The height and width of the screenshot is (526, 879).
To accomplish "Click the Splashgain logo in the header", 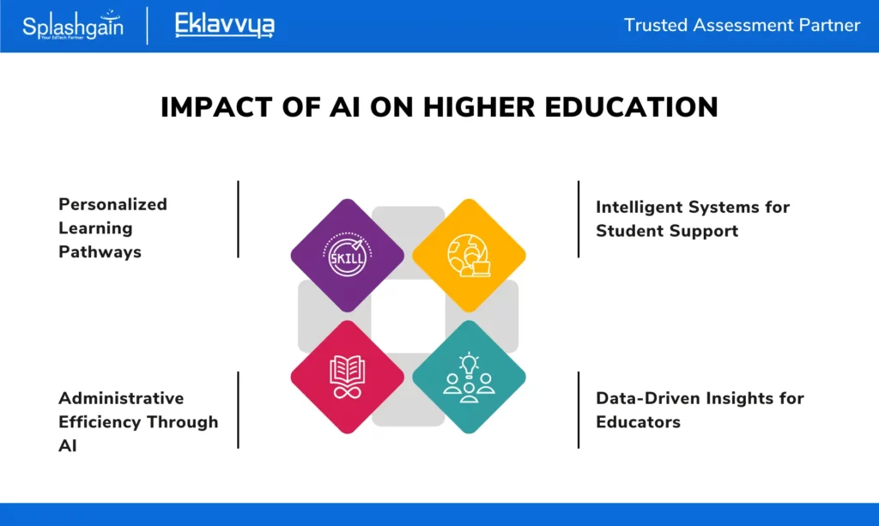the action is click(x=73, y=25).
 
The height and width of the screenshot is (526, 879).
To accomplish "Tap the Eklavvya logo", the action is click(x=225, y=25).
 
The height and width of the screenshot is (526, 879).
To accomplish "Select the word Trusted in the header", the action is click(x=655, y=25).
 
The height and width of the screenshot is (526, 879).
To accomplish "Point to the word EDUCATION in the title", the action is click(x=631, y=107).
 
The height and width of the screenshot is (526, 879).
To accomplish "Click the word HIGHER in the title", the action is click(x=479, y=107).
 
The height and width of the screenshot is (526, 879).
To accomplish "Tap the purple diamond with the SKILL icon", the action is click(x=348, y=256).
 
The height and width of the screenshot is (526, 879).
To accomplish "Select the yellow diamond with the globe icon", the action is click(x=470, y=256).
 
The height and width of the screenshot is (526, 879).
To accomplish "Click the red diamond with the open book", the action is click(x=348, y=377).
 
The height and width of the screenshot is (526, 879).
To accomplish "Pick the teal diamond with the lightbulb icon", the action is click(x=470, y=377).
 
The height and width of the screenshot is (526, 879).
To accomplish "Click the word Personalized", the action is click(x=112, y=204).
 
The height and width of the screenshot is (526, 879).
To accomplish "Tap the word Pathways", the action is click(x=100, y=252).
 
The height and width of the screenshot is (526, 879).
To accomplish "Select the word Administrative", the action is click(x=121, y=398).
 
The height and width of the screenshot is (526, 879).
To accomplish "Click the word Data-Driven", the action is click(x=646, y=398).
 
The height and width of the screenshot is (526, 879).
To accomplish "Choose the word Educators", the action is click(x=638, y=422).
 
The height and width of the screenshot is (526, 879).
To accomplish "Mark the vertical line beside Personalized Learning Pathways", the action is click(x=239, y=219).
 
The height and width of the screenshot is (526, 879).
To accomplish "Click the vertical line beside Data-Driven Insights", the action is click(x=579, y=409).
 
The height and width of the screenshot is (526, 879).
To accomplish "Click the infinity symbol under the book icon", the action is click(x=348, y=391).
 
